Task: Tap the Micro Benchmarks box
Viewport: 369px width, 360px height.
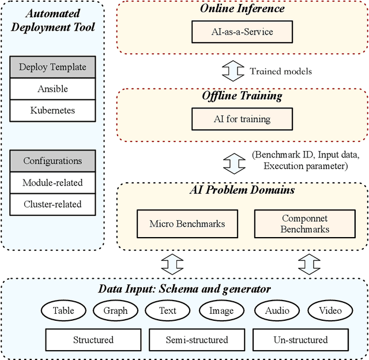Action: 187,223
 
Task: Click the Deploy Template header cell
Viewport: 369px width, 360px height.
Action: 52,67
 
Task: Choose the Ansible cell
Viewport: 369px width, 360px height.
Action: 52,88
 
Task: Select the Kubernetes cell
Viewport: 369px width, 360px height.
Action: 52,110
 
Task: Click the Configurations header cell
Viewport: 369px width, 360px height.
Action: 52,161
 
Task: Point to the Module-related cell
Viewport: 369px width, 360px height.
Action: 52,182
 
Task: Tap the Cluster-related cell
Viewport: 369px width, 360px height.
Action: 52,204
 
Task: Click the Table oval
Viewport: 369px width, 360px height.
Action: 63,311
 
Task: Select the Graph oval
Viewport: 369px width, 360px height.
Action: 115,311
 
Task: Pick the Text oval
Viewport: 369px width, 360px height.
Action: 168,311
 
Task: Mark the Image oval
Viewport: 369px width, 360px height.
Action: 221,311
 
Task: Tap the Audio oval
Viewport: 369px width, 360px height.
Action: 277,311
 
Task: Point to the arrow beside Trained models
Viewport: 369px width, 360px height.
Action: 234,72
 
